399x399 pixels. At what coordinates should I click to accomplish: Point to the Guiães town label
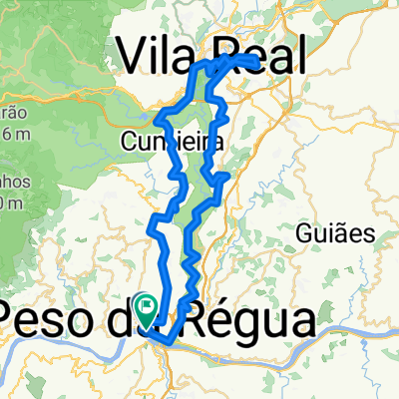334,234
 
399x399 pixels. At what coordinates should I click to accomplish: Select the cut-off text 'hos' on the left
9,181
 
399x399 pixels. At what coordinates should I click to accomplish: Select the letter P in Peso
17,320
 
